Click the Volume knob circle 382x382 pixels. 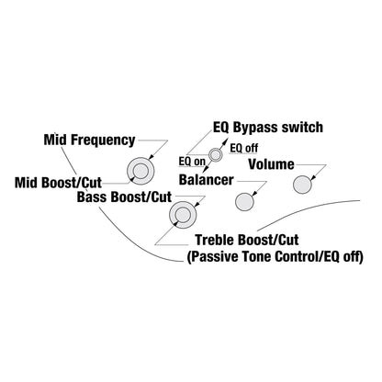302,185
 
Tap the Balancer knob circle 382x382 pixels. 244,202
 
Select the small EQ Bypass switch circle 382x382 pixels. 215,155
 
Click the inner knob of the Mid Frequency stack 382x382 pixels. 140,171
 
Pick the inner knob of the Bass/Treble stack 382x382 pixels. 183,215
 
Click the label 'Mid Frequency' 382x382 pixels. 89,140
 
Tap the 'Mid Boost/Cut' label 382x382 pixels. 58,183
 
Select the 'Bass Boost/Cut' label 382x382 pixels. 124,197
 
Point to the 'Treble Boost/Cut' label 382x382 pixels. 247,240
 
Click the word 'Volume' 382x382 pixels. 271,164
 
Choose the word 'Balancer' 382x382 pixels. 207,180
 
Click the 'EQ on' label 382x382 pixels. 192,162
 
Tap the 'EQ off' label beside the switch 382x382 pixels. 244,149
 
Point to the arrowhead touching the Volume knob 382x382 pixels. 313,178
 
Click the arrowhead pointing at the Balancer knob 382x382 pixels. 253,194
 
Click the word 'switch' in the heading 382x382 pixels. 302,128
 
